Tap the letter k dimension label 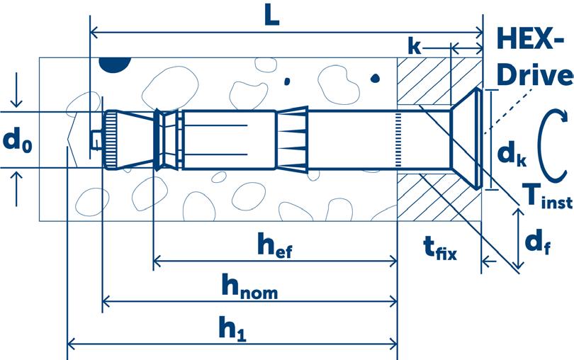pyautogui.click(x=415, y=47)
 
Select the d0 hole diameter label pyautogui.click(x=18, y=140)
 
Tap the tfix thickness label pyautogui.click(x=439, y=248)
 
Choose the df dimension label pyautogui.click(x=539, y=244)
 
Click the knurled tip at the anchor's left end pyautogui.click(x=112, y=139)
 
